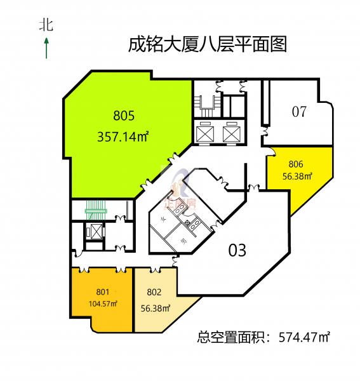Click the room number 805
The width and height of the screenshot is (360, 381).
[124, 116]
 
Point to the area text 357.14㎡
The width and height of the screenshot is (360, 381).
[124, 135]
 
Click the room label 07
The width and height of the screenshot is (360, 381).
[300, 112]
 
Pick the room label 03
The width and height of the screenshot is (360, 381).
[237, 250]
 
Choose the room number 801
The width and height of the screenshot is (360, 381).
[103, 291]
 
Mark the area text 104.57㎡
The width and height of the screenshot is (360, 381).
[103, 304]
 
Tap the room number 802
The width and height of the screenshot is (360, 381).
[154, 293]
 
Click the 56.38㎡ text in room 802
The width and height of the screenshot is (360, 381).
[156, 309]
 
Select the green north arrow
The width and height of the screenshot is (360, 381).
[46, 48]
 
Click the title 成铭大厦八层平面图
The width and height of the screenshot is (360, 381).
[208, 45]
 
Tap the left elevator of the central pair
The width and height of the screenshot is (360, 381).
[207, 132]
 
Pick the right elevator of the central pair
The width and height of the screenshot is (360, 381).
[230, 132]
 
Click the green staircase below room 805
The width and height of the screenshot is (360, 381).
[94, 210]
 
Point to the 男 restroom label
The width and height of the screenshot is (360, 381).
[184, 241]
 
